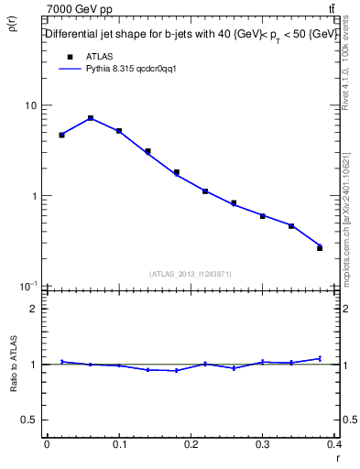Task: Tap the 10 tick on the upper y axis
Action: [31, 105]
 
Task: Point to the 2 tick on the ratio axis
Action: [34, 309]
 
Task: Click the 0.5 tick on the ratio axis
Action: [30, 420]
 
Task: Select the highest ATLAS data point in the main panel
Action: [91, 118]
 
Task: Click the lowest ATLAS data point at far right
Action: [320, 247]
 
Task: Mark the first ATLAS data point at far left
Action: [61, 135]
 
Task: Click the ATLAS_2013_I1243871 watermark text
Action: [191, 274]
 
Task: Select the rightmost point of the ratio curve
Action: [320, 358]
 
